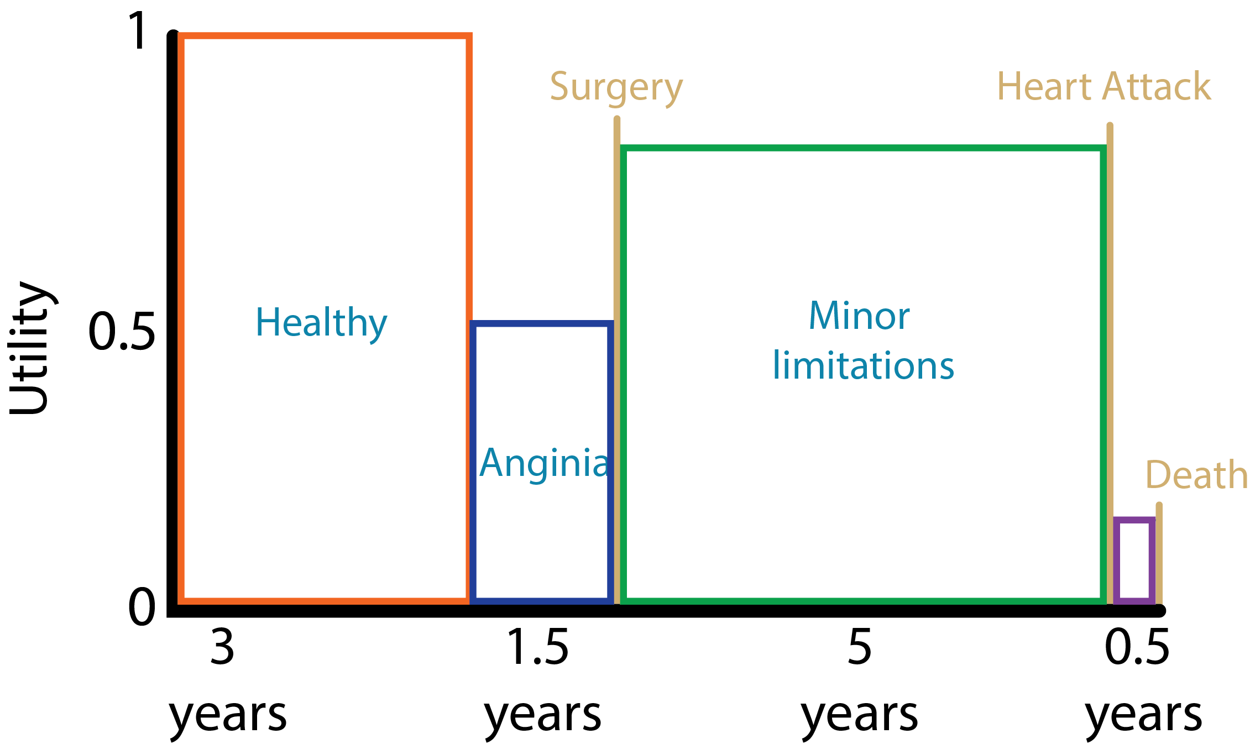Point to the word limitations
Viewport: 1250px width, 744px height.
(863, 365)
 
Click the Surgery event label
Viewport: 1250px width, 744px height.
(616, 87)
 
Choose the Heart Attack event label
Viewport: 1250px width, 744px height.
(1103, 87)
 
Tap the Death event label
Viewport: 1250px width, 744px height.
(1196, 475)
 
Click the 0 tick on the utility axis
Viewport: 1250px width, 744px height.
(142, 606)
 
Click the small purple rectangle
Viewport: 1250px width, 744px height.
(1134, 559)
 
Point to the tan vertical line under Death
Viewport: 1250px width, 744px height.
(1159, 553)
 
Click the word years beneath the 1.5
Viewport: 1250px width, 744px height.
(543, 716)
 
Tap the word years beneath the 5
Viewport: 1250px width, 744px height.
(860, 716)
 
